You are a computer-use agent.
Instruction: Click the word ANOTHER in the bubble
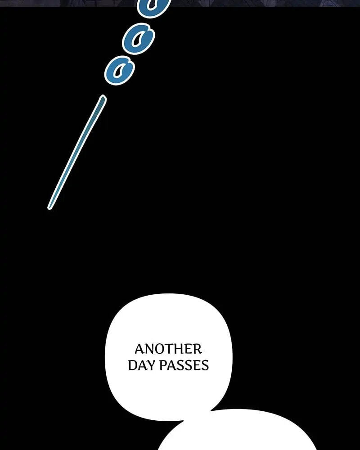pos(168,349)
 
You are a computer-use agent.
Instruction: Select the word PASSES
pos(184,365)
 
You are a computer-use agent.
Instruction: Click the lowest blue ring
pos(120,70)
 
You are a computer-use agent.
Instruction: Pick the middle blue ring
pos(138,39)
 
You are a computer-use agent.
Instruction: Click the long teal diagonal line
pos(77,152)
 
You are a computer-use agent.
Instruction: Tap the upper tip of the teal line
pos(103,97)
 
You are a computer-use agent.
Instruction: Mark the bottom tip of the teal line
pos(49,208)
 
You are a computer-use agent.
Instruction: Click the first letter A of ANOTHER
pos(139,349)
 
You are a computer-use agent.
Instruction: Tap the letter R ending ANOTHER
pos(198,349)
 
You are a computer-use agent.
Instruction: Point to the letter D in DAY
pos(132,365)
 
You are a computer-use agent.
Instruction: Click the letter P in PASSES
pos(162,365)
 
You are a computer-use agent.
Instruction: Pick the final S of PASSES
pos(205,365)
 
